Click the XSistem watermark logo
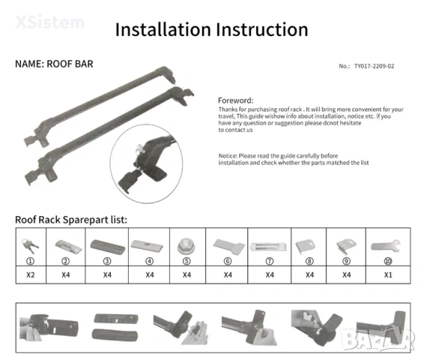click(49, 22)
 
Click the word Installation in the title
click(163, 29)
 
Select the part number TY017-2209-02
click(374, 66)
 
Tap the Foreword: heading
click(235, 100)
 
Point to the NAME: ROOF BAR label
click(54, 64)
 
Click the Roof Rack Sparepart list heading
click(71, 220)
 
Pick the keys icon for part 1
click(30, 246)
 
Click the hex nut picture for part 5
click(186, 246)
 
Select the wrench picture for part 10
click(386, 246)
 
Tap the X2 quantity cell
click(31, 275)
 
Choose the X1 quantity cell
click(388, 275)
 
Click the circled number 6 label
click(228, 261)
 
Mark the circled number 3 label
click(107, 261)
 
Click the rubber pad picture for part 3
click(107, 247)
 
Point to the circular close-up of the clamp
click(146, 163)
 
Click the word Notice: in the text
click(228, 156)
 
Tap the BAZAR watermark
click(378, 338)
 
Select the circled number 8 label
click(309, 261)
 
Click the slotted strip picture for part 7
click(268, 247)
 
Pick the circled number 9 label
click(346, 261)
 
